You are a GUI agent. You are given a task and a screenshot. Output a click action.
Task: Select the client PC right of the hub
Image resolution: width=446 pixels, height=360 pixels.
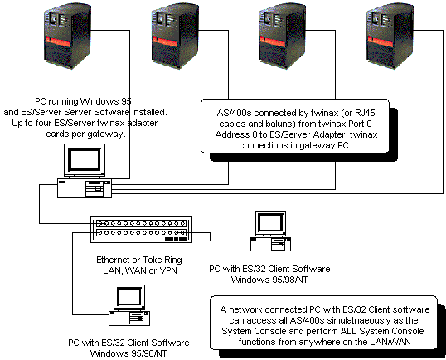click(270, 230)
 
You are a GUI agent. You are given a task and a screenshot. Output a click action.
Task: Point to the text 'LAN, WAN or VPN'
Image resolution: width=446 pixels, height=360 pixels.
click(138, 270)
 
